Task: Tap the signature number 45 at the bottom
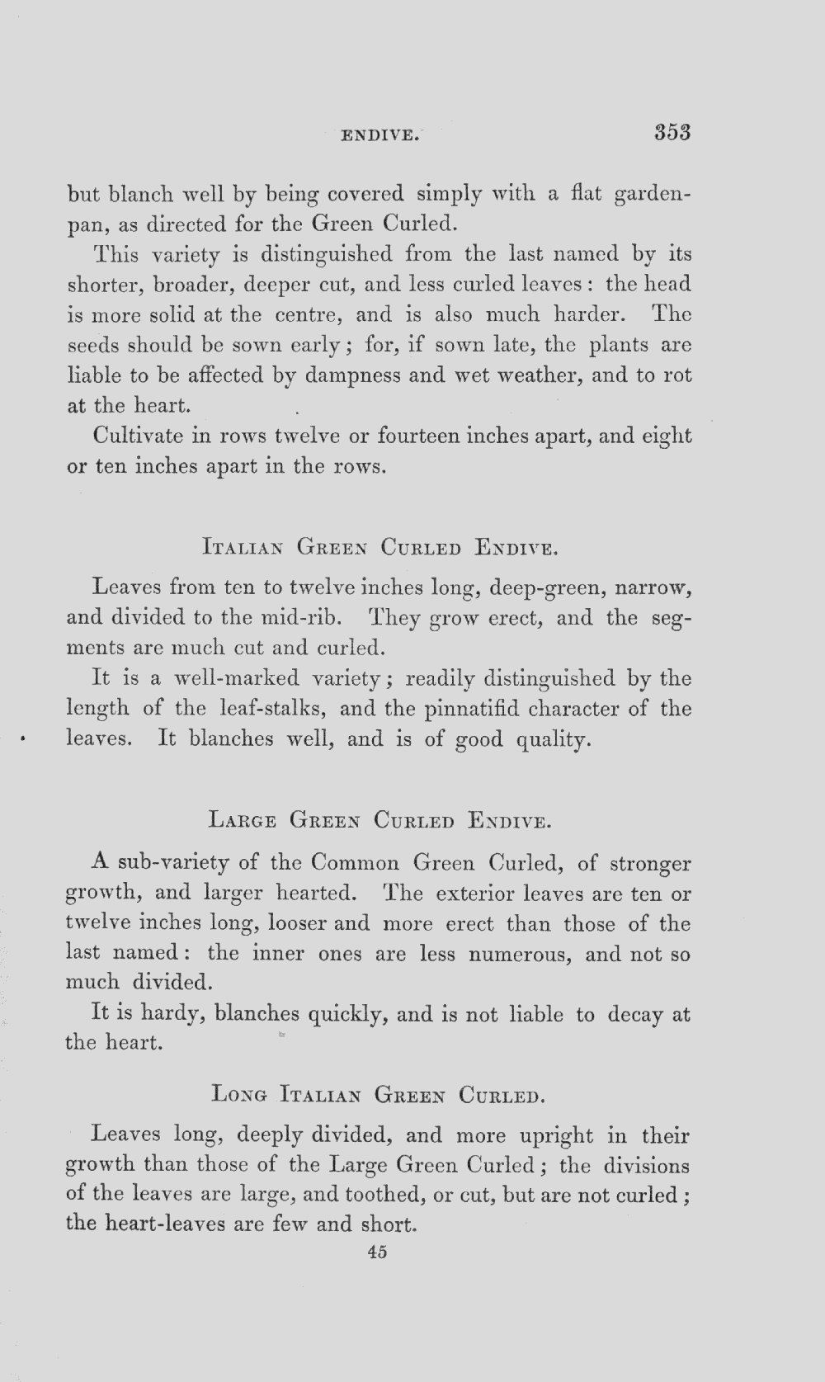(x=378, y=1252)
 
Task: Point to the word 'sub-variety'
(x=174, y=864)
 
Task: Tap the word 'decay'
(x=636, y=1015)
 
